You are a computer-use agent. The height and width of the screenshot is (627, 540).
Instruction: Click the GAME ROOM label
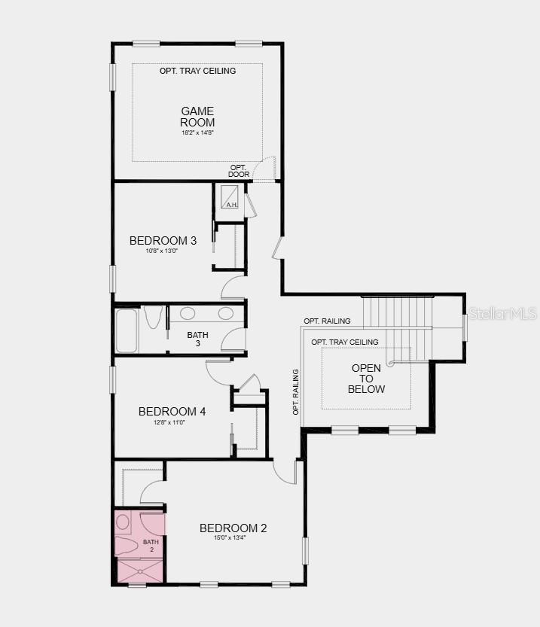click(197, 117)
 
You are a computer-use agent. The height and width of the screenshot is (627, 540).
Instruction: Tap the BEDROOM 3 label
click(163, 241)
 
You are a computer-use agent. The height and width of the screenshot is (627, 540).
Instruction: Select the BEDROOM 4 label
click(172, 412)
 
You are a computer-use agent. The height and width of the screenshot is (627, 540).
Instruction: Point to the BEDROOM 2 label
click(233, 528)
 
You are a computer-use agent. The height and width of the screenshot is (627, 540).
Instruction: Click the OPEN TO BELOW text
click(366, 379)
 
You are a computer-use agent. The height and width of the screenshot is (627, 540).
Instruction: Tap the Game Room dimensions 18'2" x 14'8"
click(197, 133)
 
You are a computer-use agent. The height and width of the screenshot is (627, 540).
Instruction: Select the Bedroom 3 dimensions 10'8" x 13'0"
click(163, 251)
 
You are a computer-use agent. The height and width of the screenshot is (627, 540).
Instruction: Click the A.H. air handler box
click(230, 197)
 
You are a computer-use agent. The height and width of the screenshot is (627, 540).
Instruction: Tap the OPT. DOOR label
click(239, 171)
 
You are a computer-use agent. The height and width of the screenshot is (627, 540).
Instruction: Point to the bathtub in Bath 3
click(127, 330)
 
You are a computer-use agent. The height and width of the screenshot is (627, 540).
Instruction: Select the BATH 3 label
click(198, 339)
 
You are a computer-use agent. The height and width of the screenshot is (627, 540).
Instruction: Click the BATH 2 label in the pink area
click(151, 546)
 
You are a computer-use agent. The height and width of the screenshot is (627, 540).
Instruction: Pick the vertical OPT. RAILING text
click(296, 391)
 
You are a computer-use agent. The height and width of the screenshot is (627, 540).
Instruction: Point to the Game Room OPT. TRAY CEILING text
click(197, 71)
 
